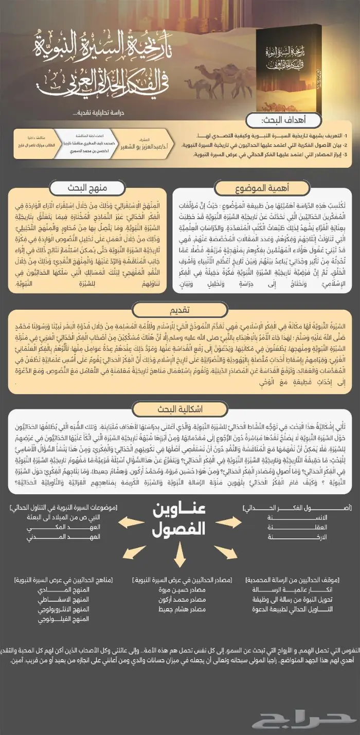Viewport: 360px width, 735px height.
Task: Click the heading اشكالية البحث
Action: (180, 409)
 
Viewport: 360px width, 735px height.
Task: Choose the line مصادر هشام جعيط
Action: (183, 609)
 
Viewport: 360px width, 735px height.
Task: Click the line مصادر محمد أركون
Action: (183, 600)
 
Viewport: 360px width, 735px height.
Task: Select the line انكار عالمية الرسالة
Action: (300, 589)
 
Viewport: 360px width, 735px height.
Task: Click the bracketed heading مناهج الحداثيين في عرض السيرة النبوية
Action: (66, 580)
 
